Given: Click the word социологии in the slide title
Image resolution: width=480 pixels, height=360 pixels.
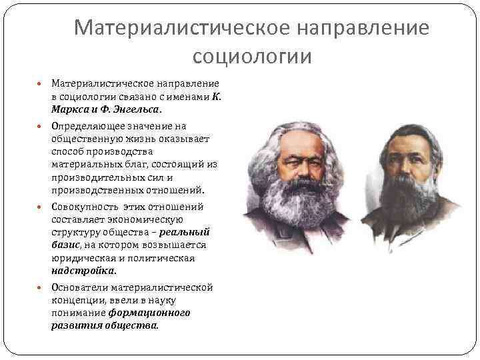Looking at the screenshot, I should click(251, 57).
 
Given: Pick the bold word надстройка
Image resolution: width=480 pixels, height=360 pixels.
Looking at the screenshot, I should click(83, 271).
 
